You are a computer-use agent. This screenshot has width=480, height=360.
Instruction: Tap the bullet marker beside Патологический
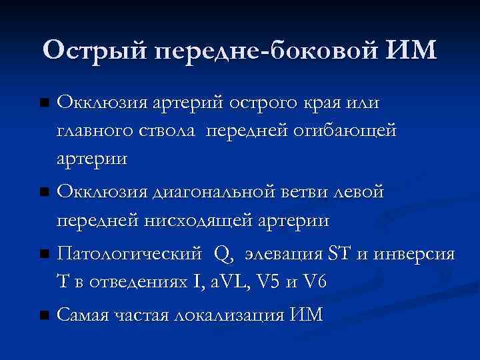pyautogui.click(x=44, y=255)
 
